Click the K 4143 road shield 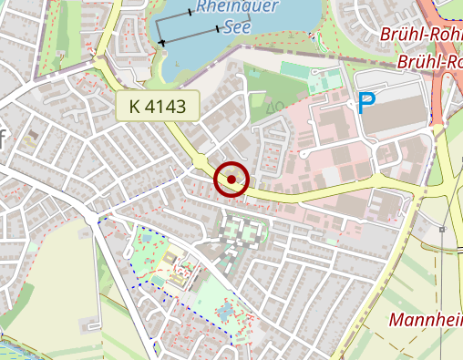pyautogui.click(x=157, y=107)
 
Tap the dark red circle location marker pyautogui.click(x=232, y=180)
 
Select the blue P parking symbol pyautogui.click(x=366, y=104)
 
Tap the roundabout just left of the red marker pyautogui.click(x=200, y=163)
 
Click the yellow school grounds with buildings pyautogui.click(x=182, y=271)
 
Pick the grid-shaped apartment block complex pyautogui.click(x=241, y=236)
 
